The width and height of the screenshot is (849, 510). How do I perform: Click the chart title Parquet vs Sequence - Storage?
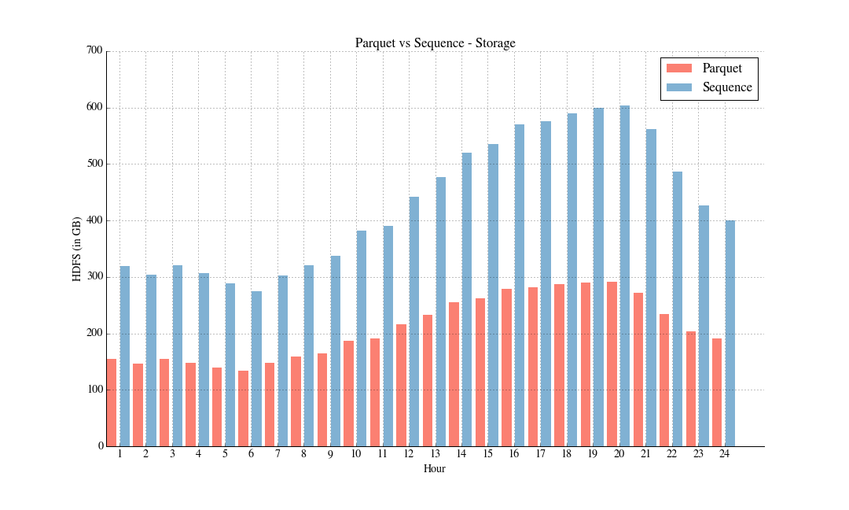pyautogui.click(x=435, y=42)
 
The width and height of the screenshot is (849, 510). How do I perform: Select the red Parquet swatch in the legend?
pyautogui.click(x=678, y=68)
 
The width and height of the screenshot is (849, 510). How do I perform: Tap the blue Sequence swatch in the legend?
pyautogui.click(x=678, y=87)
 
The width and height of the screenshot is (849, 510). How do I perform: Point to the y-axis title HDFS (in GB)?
pyautogui.click(x=77, y=248)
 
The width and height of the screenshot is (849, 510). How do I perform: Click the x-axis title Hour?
pyautogui.click(x=434, y=469)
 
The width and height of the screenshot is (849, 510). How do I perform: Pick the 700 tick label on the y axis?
pyautogui.click(x=94, y=51)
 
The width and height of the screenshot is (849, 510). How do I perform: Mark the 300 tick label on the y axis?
pyautogui.click(x=94, y=277)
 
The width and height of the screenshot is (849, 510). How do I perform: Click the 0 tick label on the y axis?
pyautogui.click(x=101, y=446)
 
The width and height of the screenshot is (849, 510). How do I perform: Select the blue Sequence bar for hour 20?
pyautogui.click(x=625, y=275)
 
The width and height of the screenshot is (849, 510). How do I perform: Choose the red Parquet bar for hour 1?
pyautogui.click(x=112, y=402)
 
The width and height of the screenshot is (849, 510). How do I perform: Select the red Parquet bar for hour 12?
pyautogui.click(x=401, y=385)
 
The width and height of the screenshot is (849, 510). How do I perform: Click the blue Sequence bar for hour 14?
pyautogui.click(x=467, y=299)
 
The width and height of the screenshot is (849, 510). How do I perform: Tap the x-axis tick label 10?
pyautogui.click(x=355, y=454)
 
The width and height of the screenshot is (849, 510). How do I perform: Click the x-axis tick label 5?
pyautogui.click(x=224, y=454)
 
